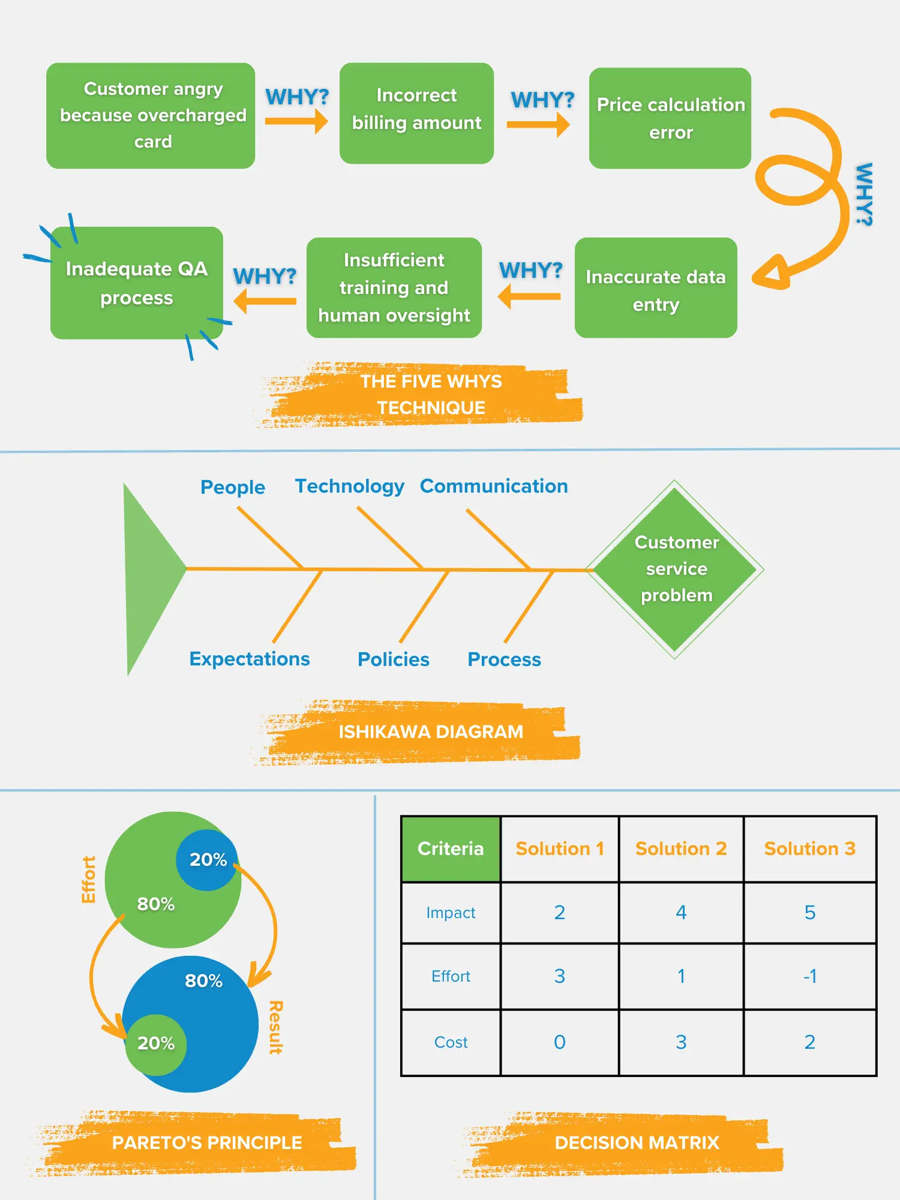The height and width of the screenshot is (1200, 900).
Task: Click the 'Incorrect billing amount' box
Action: tap(416, 113)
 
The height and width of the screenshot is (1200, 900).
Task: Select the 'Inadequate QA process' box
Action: tap(137, 283)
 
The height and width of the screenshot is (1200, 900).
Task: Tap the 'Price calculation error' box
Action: tap(670, 118)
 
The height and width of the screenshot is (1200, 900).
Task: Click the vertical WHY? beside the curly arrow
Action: tap(863, 194)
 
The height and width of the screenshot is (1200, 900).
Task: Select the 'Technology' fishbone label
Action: tap(349, 486)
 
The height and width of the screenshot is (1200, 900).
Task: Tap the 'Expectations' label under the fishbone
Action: tap(250, 659)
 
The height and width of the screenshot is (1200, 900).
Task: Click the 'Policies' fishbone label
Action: tap(393, 659)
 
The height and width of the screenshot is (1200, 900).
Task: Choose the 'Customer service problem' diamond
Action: tap(675, 569)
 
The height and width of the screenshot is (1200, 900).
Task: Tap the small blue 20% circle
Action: tap(208, 859)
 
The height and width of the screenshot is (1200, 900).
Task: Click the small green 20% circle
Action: tap(155, 1043)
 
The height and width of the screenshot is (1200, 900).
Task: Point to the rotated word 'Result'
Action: tap(275, 1027)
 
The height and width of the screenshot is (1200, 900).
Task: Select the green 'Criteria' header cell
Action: tap(451, 848)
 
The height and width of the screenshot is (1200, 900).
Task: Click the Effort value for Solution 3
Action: tap(809, 976)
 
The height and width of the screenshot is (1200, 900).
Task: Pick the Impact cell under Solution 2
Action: tap(680, 913)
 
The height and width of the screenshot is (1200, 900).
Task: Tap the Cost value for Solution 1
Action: tap(559, 1042)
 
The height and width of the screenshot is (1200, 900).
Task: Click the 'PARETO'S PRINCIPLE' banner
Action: tap(206, 1142)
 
